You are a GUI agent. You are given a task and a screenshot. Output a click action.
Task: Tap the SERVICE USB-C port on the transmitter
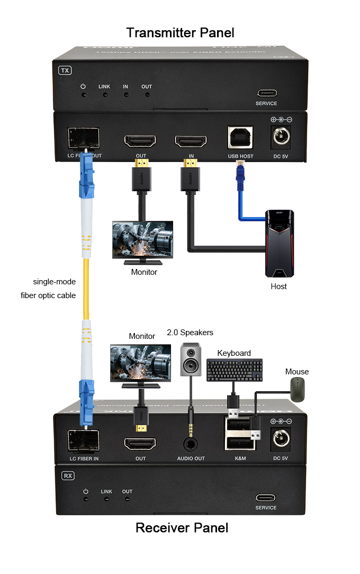266,92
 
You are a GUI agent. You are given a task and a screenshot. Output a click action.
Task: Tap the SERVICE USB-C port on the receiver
266,497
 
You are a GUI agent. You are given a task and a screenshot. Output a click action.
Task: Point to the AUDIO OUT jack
191,444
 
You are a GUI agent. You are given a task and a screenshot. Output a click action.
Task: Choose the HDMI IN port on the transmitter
191,141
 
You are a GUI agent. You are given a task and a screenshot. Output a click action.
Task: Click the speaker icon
191,360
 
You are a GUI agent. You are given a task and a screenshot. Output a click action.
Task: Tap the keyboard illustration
235,370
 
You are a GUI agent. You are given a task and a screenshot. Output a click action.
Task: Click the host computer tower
279,244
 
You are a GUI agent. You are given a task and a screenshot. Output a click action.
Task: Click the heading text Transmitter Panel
180,33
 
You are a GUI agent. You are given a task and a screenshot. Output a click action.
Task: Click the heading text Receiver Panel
182,528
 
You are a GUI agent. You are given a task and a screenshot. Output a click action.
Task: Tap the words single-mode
55,281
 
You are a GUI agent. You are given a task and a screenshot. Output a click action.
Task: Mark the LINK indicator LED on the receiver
106,499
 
